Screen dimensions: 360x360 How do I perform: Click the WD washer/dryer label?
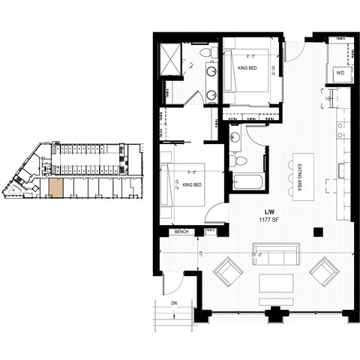click(x=340, y=73)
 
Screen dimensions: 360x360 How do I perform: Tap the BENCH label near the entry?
click(x=181, y=232)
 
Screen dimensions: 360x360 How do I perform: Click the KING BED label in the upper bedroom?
click(x=248, y=68)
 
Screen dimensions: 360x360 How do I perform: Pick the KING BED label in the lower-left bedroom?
click(x=189, y=184)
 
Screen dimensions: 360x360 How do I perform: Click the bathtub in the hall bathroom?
click(x=248, y=182)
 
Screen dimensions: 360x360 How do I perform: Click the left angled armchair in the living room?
click(x=227, y=271)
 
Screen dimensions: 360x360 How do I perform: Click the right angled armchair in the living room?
click(x=323, y=271)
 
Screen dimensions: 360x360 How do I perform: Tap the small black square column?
click(x=319, y=231)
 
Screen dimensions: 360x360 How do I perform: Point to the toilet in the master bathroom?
click(x=212, y=52)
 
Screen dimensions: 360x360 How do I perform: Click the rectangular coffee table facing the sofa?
click(x=276, y=283)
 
